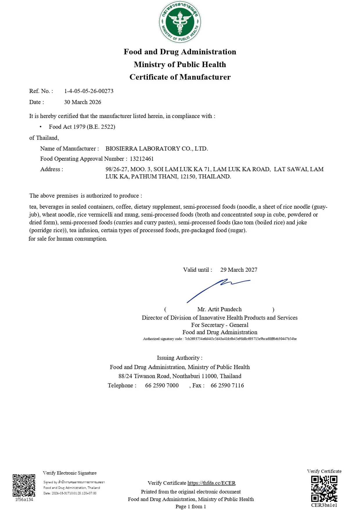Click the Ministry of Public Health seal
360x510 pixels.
coord(180,22)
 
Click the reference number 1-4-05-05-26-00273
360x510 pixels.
coord(89,91)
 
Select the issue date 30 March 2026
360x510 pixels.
coord(82,102)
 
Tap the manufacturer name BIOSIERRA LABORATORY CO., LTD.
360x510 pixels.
coord(156,148)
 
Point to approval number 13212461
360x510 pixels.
coord(142,159)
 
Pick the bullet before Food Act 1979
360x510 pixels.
coord(41,127)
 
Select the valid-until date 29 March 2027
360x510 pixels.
coord(239,270)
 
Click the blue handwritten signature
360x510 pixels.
coord(218,289)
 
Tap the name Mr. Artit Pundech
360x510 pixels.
coord(219,309)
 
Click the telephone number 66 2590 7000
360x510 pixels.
coord(162,385)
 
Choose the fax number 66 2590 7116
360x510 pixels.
coord(227,385)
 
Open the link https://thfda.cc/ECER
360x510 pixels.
coord(211,483)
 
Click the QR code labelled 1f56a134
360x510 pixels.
coord(24,485)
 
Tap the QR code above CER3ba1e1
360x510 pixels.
coord(324,489)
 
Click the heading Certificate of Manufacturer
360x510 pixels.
coord(180,77)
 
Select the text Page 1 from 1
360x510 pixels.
coord(190,507)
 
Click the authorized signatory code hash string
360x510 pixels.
coord(240,339)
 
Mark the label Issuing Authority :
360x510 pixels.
coord(180,358)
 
